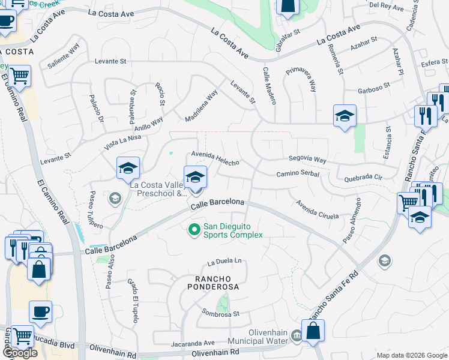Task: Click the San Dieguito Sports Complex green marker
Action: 194,230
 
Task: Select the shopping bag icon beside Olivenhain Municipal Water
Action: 313,331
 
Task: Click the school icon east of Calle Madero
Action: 345,115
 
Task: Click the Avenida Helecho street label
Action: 215,158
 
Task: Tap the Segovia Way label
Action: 307,160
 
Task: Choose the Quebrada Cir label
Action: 363,178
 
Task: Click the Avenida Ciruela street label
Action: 318,209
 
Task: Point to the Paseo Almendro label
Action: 352,221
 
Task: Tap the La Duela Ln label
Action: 224,262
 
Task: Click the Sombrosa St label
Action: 220,314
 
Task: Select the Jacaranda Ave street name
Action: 192,343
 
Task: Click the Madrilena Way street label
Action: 201,106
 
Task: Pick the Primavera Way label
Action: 301,78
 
